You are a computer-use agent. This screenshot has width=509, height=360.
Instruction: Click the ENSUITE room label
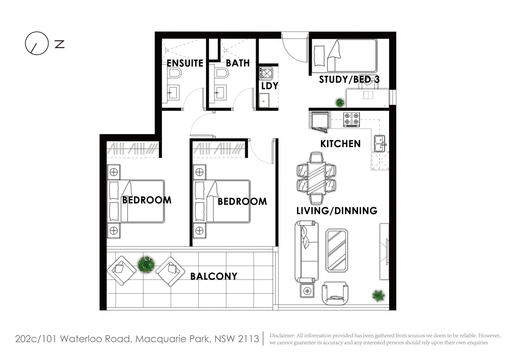click(185, 63)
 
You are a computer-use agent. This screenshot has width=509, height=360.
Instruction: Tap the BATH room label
click(238, 63)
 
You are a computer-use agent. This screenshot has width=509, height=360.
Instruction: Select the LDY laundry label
click(269, 86)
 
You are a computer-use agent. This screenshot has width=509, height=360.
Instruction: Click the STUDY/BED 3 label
click(349, 79)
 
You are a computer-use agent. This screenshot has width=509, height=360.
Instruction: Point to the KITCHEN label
click(340, 144)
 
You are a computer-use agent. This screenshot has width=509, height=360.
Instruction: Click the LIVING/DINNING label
click(337, 211)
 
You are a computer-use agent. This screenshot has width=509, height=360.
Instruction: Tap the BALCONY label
click(214, 276)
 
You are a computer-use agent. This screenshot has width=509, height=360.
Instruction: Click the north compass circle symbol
click(37, 43)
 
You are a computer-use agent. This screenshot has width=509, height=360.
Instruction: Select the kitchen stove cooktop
click(352, 119)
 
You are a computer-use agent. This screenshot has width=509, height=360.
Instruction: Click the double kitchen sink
click(379, 144)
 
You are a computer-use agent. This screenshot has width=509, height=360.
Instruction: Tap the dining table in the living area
click(316, 178)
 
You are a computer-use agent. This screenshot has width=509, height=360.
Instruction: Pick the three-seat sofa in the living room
click(306, 251)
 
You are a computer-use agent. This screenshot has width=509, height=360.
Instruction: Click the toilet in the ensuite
click(174, 74)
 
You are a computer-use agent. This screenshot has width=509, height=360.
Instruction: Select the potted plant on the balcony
click(146, 265)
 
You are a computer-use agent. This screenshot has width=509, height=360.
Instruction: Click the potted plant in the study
click(340, 102)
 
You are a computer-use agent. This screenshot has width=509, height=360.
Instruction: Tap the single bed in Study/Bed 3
click(344, 55)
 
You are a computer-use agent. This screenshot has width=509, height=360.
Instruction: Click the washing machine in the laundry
click(266, 73)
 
